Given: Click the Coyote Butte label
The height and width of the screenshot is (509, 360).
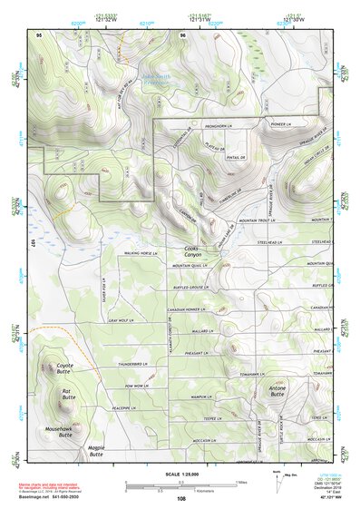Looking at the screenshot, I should click(x=59, y=367).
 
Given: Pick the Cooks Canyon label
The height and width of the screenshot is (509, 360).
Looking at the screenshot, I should click(x=190, y=251).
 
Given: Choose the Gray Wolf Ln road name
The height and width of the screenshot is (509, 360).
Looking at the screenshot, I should click(x=120, y=320).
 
